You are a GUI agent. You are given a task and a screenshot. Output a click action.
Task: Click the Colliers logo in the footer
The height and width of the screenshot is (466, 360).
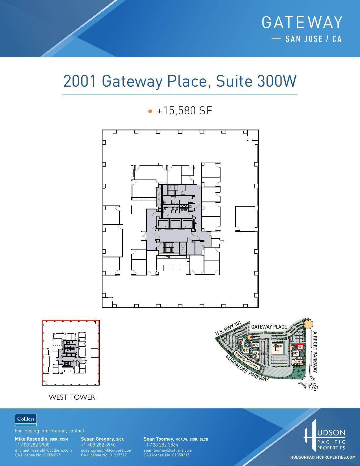point(26,419)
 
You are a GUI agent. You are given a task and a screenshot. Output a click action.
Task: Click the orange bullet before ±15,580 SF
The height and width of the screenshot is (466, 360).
point(150,111)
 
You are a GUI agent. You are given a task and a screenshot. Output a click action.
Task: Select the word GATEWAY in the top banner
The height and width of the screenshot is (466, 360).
point(302,23)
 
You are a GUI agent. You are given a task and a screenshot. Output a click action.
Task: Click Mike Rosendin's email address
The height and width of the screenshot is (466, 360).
point(43,450)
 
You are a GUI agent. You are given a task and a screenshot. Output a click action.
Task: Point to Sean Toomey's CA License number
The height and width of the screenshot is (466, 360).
point(167,455)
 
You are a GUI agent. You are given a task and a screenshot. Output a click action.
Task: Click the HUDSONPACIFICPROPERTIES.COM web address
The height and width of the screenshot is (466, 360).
point(323,457)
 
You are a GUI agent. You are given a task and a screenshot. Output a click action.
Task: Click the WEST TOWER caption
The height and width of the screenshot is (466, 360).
point(72,397)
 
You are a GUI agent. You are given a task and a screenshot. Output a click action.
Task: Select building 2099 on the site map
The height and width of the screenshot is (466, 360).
point(241,342)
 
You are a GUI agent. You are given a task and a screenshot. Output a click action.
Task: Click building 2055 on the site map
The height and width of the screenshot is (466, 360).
point(255,345)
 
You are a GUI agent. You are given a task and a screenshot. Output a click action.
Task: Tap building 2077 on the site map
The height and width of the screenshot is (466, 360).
point(245,351)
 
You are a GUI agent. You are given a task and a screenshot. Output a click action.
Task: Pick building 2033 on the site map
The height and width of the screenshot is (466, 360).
point(256,355)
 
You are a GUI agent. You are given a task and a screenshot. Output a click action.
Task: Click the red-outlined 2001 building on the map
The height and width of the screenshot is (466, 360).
point(300,347)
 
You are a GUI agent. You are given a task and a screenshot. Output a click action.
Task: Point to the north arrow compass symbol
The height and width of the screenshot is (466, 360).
point(315,388)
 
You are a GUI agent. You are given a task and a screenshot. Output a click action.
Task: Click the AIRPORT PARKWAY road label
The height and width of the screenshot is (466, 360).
point(315,352)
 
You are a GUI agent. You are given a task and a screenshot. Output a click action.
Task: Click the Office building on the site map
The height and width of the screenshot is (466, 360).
point(277,347)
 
